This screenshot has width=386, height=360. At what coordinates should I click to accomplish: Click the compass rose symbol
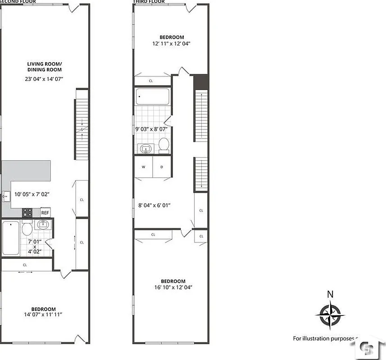click(330, 315)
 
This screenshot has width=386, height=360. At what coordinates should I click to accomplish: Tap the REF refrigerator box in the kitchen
click(45, 213)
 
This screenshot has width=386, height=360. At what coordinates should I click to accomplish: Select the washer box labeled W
click(144, 167)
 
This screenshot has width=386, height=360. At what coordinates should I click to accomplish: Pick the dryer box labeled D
click(162, 167)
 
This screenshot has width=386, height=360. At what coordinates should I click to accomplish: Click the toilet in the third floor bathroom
click(164, 145)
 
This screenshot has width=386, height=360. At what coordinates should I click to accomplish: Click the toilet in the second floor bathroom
click(27, 229)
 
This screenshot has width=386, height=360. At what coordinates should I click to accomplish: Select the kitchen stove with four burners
click(27, 212)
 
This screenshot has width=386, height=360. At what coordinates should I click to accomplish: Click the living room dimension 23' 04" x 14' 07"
click(44, 79)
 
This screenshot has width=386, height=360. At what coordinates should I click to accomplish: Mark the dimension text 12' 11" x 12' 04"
click(172, 44)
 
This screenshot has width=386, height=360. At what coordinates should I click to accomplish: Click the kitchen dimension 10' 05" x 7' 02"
click(32, 194)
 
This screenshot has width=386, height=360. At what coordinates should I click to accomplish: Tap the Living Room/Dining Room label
click(44, 67)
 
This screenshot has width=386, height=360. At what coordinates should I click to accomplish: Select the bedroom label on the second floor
click(44, 309)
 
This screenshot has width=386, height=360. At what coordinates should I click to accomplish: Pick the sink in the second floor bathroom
click(44, 225)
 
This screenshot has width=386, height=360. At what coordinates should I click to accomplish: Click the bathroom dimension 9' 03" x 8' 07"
click(151, 129)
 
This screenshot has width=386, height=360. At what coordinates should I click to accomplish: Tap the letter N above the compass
click(330, 294)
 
